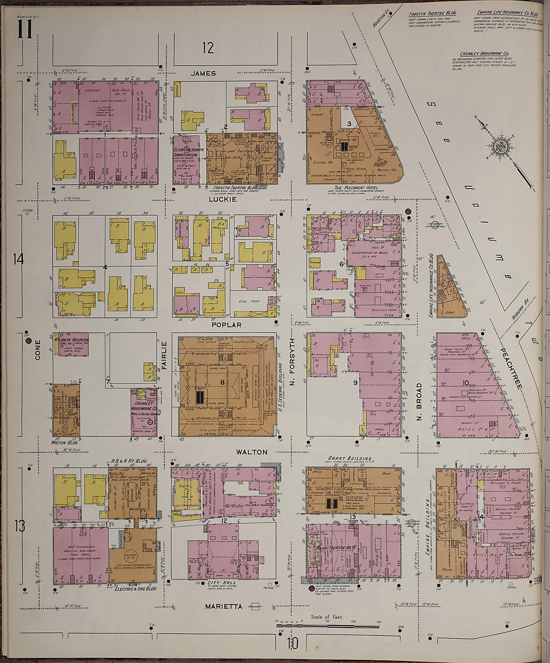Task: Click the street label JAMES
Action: pyautogui.click(x=203, y=74)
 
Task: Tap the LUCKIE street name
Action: pyautogui.click(x=223, y=199)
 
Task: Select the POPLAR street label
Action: pyautogui.click(x=226, y=325)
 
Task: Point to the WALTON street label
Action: pyautogui.click(x=251, y=452)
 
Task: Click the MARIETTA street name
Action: pyautogui.click(x=223, y=606)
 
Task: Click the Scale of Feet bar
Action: pyautogui.click(x=327, y=625)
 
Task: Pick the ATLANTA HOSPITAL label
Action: pyautogui.click(x=71, y=340)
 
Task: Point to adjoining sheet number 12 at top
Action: pyautogui.click(x=207, y=48)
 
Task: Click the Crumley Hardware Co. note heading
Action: pyautogui.click(x=484, y=54)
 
